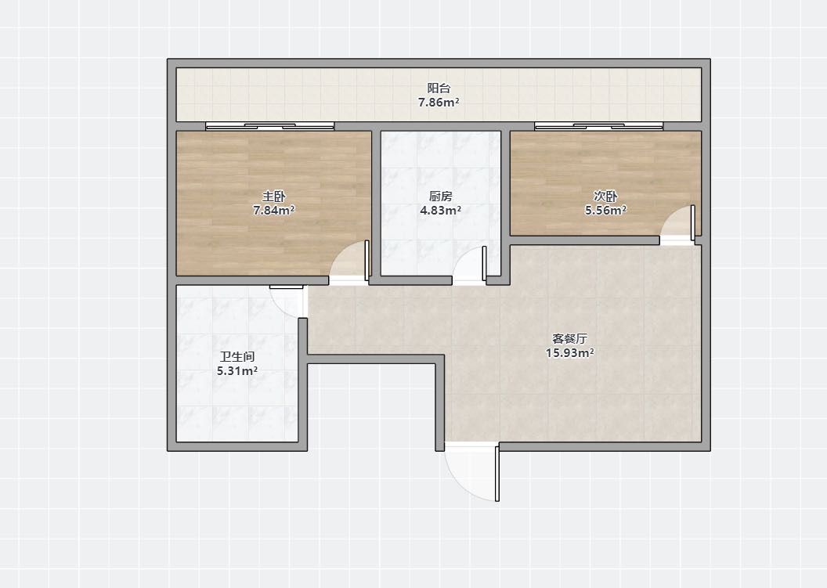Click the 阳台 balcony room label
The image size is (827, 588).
pyautogui.click(x=439, y=88)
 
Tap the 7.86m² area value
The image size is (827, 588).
pyautogui.click(x=439, y=103)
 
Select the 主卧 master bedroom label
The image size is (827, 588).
pyautogui.click(x=274, y=197)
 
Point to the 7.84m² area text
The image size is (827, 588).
pyautogui.click(x=274, y=211)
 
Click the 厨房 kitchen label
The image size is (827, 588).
pyautogui.click(x=440, y=197)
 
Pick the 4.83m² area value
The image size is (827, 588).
pyautogui.click(x=440, y=211)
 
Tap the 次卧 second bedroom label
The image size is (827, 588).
pyautogui.click(x=605, y=197)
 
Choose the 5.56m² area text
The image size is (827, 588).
pyautogui.click(x=605, y=211)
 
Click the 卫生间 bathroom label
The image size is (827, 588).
pyautogui.click(x=237, y=356)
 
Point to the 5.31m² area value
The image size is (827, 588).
pyautogui.click(x=237, y=371)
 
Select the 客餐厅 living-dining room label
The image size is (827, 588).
pyautogui.click(x=569, y=338)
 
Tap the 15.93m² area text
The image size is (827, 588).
pyautogui.click(x=569, y=353)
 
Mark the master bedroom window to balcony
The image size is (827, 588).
pyautogui.click(x=269, y=126)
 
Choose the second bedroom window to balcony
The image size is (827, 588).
pyautogui.click(x=598, y=126)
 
